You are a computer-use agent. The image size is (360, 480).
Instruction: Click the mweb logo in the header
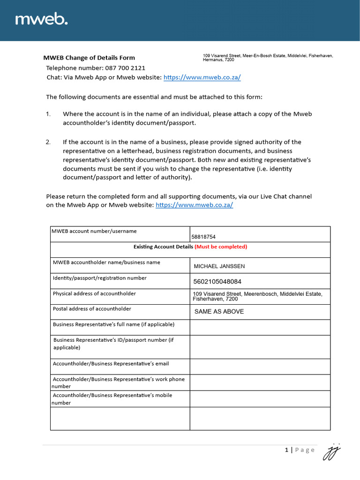(42, 19)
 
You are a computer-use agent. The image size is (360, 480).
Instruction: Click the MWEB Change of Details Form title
(89, 58)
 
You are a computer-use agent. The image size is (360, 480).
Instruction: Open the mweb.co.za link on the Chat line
(202, 78)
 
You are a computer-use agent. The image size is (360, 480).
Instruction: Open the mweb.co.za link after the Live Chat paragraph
(194, 205)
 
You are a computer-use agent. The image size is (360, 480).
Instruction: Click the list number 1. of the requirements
(48, 114)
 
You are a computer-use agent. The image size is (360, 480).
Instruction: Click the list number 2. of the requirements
(48, 142)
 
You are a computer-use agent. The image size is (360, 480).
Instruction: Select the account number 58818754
(203, 237)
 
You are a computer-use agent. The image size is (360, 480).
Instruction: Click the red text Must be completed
(221, 247)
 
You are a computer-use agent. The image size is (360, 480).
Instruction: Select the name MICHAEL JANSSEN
(219, 266)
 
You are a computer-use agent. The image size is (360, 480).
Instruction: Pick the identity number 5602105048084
(217, 282)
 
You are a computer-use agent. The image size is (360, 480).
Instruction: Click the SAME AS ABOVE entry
(219, 312)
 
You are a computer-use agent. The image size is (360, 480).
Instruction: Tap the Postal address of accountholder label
(92, 309)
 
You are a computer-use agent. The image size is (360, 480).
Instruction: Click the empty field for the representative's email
(260, 367)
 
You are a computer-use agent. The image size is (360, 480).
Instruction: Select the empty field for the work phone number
(260, 382)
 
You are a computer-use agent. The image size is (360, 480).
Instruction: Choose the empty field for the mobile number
(260, 399)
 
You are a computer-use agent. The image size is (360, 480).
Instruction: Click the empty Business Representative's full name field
(260, 327)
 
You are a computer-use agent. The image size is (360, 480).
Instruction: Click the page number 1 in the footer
(286, 450)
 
